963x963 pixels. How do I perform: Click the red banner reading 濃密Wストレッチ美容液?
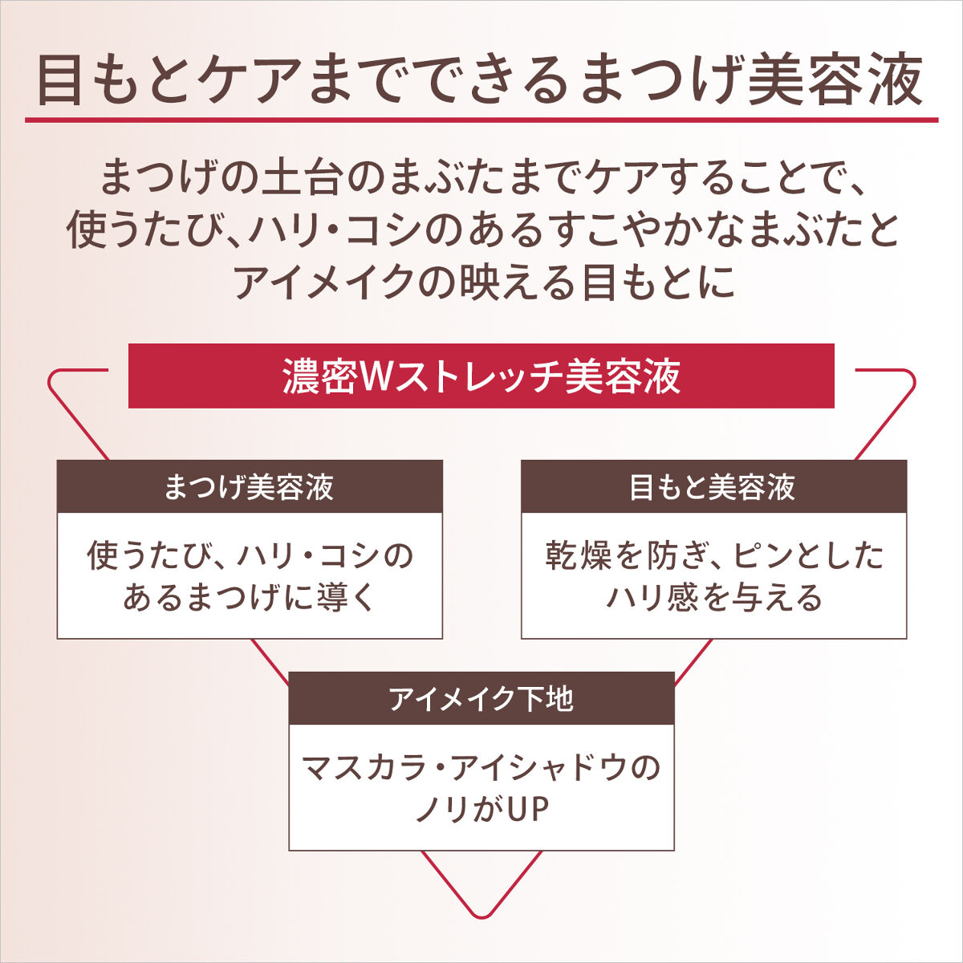point(481,376)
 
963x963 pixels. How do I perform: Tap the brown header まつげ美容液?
point(250,486)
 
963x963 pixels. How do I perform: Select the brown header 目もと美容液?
point(713,486)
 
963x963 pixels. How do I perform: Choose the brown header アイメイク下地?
point(481,698)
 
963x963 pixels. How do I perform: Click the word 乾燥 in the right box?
point(579,555)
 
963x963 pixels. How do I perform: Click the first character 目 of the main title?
point(59,82)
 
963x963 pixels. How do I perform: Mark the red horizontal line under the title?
point(481,120)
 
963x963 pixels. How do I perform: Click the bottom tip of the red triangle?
point(481,917)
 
